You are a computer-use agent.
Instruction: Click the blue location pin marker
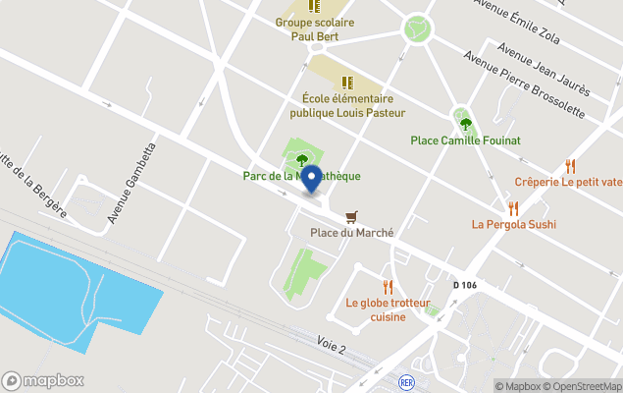point(311,179)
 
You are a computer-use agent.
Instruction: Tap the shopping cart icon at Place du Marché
point(351,216)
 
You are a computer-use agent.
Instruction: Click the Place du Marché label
point(351,233)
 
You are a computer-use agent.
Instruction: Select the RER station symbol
point(406,380)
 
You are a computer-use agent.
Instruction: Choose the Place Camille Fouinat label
point(465,140)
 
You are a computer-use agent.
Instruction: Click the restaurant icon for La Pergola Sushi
point(512,207)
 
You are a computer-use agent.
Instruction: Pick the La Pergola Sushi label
point(513,224)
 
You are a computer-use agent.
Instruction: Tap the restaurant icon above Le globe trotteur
point(388,286)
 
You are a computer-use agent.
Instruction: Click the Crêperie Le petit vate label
point(568,182)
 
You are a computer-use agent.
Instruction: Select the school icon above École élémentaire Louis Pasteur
point(345,82)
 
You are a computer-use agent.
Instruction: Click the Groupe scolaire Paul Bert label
point(314,29)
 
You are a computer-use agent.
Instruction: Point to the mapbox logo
point(43,380)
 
